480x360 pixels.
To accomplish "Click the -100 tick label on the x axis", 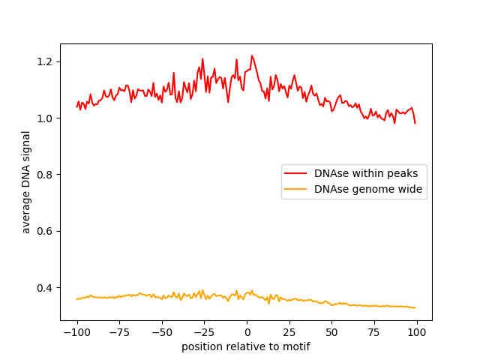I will coord(76,332).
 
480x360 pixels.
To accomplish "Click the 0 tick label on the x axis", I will coord(247,332).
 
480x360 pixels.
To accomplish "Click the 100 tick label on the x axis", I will coord(417,332).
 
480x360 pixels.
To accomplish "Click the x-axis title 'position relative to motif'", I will coord(246,346).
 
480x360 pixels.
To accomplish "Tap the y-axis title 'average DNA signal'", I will coord(26,182).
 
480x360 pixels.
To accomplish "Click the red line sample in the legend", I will coord(296,173).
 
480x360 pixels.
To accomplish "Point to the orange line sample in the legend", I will coord(296,190).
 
